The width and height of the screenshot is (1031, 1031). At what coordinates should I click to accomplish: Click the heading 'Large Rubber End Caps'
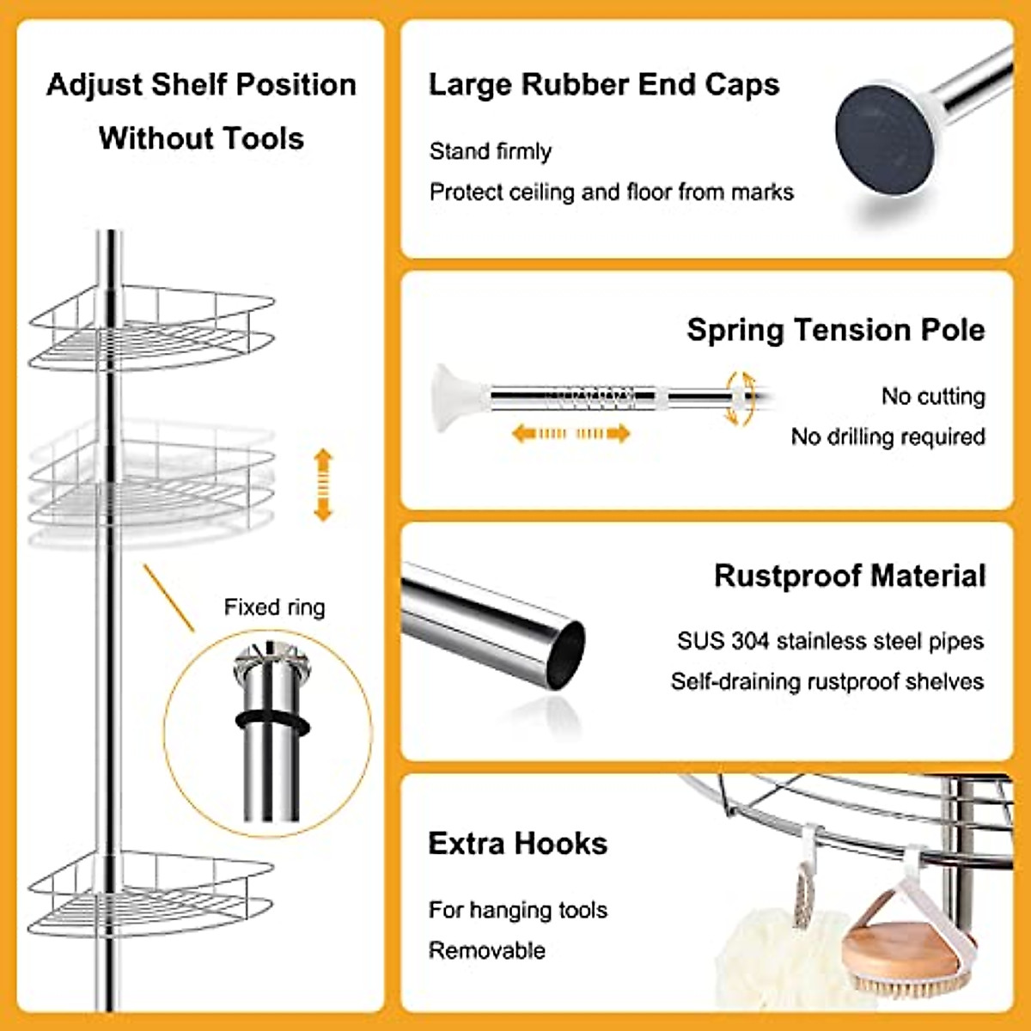[x=604, y=85]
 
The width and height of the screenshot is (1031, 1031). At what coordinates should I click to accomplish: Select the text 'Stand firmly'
[x=490, y=151]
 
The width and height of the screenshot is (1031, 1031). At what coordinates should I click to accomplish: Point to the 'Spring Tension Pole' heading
[x=835, y=330]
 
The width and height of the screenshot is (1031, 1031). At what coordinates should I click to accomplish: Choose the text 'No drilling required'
[x=888, y=436]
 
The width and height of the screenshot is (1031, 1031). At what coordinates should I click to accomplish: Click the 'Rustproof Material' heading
[x=850, y=576]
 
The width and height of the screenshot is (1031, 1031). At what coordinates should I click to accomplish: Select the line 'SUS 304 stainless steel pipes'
[x=830, y=641]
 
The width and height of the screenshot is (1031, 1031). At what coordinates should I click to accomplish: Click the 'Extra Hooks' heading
[x=517, y=844]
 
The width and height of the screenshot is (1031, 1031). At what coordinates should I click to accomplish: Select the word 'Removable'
[x=486, y=950]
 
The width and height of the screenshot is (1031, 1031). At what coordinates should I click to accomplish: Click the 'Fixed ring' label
[x=274, y=607]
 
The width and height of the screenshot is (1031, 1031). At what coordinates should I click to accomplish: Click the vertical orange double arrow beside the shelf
[x=323, y=485]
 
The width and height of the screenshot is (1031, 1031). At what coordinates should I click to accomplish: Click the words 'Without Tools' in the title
[x=201, y=138]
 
